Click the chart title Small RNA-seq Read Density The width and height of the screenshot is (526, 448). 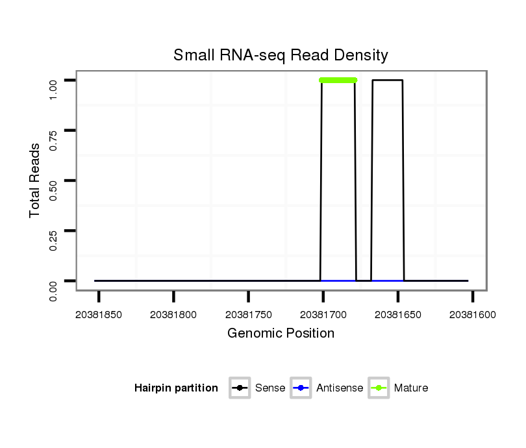tap(281, 56)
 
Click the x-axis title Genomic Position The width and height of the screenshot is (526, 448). tap(281, 334)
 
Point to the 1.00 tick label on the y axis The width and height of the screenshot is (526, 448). tap(54, 81)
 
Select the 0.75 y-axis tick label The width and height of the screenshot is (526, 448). tap(54, 131)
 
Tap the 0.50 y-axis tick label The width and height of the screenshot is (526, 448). tap(54, 180)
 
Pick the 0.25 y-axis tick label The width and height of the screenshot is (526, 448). tap(54, 230)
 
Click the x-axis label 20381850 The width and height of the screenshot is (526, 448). tap(99, 315)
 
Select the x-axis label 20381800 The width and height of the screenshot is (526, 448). tap(173, 315)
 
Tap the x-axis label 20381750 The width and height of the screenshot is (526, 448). tap(249, 315)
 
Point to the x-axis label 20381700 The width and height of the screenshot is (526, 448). tap(323, 315)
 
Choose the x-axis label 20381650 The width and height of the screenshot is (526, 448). tap(398, 315)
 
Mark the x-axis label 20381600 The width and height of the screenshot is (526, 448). tap(473, 315)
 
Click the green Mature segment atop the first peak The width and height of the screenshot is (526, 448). tap(338, 81)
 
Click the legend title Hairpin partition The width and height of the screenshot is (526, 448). tap(176, 388)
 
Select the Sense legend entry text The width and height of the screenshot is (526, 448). tap(270, 388)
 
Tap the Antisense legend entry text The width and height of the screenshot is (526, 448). tap(340, 388)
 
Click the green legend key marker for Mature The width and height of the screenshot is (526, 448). tap(379, 388)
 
